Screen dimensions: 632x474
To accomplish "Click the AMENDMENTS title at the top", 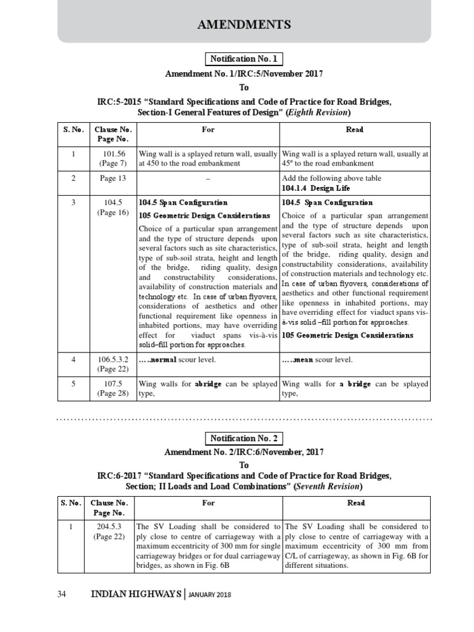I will pyautogui.click(x=244, y=24).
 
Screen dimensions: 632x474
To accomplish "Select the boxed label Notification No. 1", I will pyautogui.click(x=244, y=59).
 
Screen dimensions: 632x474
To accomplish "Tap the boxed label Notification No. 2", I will pyautogui.click(x=244, y=439).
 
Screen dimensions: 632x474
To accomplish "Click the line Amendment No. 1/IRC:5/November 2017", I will pyautogui.click(x=244, y=74).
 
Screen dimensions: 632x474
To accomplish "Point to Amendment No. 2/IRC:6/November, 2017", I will pyautogui.click(x=244, y=452).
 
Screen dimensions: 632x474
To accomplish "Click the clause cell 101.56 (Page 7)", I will pyautogui.click(x=112, y=159).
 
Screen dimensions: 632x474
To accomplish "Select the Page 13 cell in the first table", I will pyautogui.click(x=112, y=178).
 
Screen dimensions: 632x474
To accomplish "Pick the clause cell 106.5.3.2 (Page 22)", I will pyautogui.click(x=112, y=364).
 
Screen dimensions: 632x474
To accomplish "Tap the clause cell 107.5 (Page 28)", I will pyautogui.click(x=112, y=388).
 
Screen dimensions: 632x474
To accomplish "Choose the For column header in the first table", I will pyautogui.click(x=208, y=130).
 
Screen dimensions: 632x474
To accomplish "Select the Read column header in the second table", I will pyautogui.click(x=355, y=503).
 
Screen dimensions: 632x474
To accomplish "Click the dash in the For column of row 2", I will pyautogui.click(x=208, y=178).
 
